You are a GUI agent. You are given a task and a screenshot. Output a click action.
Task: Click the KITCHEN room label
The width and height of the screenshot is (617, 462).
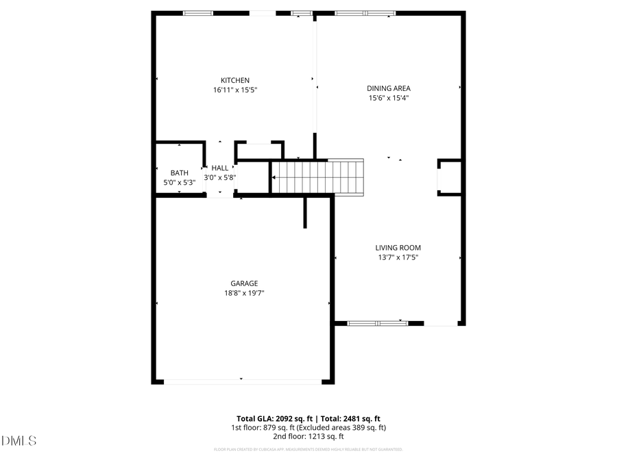click(234, 80)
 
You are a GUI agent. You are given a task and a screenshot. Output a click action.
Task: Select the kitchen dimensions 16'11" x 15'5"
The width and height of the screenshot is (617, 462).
click(234, 90)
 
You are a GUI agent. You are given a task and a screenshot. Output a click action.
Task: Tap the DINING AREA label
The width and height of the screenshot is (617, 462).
click(388, 88)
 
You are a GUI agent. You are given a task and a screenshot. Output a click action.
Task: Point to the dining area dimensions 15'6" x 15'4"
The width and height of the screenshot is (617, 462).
click(388, 98)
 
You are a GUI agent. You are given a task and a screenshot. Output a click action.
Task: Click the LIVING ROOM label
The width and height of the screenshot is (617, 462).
click(398, 248)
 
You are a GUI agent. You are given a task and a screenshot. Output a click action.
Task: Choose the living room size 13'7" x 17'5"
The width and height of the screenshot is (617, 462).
click(398, 257)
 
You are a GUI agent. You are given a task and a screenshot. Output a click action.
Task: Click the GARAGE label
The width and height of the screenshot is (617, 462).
click(244, 283)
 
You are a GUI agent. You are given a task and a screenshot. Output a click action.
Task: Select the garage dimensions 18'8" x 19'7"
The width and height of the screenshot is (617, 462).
click(244, 293)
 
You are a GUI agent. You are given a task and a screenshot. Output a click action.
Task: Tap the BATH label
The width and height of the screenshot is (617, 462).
click(179, 173)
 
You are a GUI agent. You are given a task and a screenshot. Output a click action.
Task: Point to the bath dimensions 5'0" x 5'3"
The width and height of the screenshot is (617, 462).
click(179, 183)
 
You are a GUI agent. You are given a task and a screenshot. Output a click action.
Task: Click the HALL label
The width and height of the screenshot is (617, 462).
click(220, 168)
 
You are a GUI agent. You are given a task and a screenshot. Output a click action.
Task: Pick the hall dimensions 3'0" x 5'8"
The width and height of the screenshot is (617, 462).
click(220, 177)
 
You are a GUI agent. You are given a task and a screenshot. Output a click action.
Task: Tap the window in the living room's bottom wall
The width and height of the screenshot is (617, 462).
click(377, 322)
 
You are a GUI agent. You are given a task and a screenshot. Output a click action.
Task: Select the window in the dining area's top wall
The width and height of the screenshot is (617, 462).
click(365, 12)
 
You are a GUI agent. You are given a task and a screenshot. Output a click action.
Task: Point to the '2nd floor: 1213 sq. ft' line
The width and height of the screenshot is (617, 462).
click(308, 436)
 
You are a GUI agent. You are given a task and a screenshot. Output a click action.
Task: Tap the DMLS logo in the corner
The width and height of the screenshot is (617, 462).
click(19, 440)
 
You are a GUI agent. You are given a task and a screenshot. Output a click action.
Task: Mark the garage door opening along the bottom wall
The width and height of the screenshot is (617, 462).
click(242, 381)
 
